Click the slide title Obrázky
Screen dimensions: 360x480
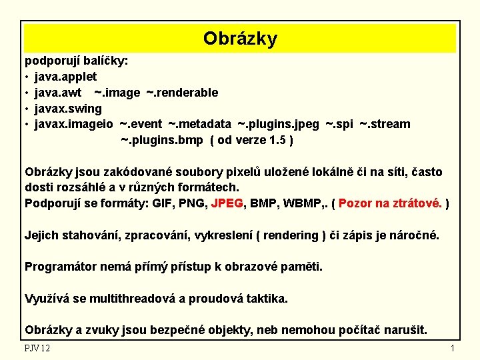pyautogui.click(x=240, y=39)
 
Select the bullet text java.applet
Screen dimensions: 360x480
pyautogui.click(x=66, y=77)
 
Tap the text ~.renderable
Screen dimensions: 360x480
pyautogui.click(x=182, y=93)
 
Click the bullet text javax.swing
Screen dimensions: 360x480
pyautogui.click(x=68, y=109)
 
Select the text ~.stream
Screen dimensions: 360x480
pyautogui.click(x=385, y=124)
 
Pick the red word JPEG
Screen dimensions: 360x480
pyautogui.click(x=227, y=203)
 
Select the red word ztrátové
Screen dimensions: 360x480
pyautogui.click(x=417, y=203)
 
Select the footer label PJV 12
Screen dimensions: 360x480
pyautogui.click(x=37, y=348)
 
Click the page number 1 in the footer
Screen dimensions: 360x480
pyautogui.click(x=452, y=348)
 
